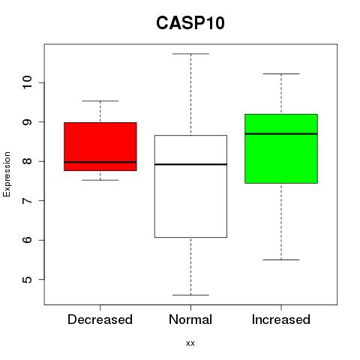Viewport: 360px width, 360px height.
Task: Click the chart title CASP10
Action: (x=190, y=23)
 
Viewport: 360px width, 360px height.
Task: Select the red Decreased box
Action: (x=100, y=146)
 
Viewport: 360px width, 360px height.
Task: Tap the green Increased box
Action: (x=281, y=148)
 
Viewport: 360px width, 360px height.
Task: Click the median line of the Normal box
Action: (x=190, y=164)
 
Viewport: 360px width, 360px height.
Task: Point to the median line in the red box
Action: (x=100, y=162)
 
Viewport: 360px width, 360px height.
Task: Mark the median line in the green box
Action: (x=281, y=133)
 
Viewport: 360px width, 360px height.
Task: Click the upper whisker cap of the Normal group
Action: (x=190, y=54)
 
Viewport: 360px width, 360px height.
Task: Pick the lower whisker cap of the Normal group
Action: (x=190, y=295)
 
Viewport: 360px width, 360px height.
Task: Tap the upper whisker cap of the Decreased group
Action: (x=100, y=101)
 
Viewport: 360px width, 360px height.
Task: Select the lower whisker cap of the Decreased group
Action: (x=100, y=180)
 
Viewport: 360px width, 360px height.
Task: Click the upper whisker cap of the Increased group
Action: (x=281, y=73)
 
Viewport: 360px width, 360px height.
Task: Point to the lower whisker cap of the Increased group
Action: (x=281, y=259)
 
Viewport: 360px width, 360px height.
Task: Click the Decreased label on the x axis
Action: (x=100, y=319)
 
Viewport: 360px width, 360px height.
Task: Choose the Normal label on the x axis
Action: (x=190, y=319)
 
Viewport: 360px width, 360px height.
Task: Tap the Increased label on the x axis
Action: (x=281, y=319)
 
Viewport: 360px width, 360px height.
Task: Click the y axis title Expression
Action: (x=7, y=174)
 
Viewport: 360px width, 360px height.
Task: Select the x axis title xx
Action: (x=190, y=343)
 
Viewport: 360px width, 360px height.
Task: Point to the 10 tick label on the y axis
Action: (x=27, y=82)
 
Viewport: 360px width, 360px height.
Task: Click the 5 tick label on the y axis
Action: (x=27, y=279)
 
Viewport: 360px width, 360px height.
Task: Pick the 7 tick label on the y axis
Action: (x=27, y=200)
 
